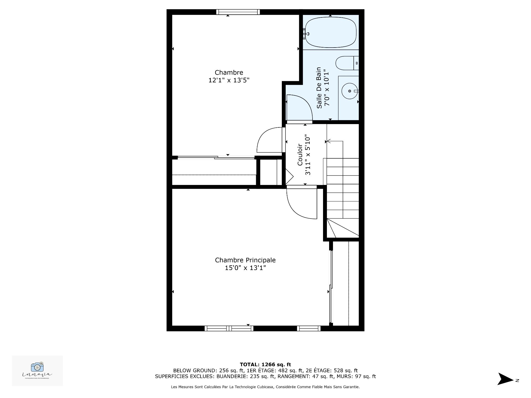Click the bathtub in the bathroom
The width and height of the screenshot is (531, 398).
click(330, 33)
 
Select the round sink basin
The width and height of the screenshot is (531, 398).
click(350, 91)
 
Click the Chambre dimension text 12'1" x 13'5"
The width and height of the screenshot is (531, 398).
click(229, 80)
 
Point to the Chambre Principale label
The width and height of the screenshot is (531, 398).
click(245, 260)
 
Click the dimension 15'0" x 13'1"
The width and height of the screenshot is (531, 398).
click(245, 268)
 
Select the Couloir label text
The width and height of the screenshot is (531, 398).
click(300, 155)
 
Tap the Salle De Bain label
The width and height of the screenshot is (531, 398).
click(319, 88)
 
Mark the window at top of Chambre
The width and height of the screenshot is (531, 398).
click(238, 12)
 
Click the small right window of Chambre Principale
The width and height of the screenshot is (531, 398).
click(309, 328)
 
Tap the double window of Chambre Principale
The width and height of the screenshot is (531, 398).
click(229, 328)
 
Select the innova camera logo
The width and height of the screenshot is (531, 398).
click(37, 367)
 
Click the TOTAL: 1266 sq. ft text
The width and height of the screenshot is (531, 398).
click(265, 365)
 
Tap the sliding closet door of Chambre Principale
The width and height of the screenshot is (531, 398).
click(330, 287)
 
